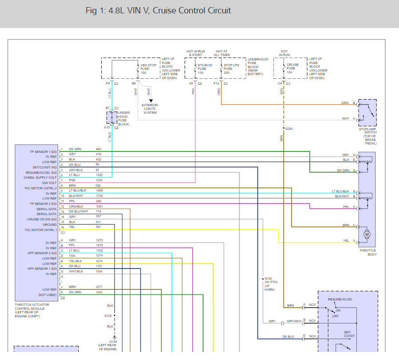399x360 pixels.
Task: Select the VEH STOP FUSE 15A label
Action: [148, 68]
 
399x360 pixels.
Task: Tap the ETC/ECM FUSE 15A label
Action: [205, 68]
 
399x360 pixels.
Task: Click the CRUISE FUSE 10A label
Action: [292, 68]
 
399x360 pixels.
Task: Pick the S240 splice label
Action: [290, 129]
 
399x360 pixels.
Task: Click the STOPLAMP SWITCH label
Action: [367, 136]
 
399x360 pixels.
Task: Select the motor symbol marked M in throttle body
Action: [367, 234]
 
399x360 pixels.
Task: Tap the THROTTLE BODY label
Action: [367, 253]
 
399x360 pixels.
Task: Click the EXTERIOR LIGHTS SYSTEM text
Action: [150, 109]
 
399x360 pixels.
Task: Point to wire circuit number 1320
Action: [99, 175]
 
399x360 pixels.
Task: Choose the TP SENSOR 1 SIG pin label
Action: [43, 152]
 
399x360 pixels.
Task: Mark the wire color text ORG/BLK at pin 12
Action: [76, 207]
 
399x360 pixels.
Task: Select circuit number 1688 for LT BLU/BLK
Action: [99, 191]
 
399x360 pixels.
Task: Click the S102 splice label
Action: [108, 316]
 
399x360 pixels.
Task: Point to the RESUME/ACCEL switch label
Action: [340, 300]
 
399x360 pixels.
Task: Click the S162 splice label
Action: [269, 279]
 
